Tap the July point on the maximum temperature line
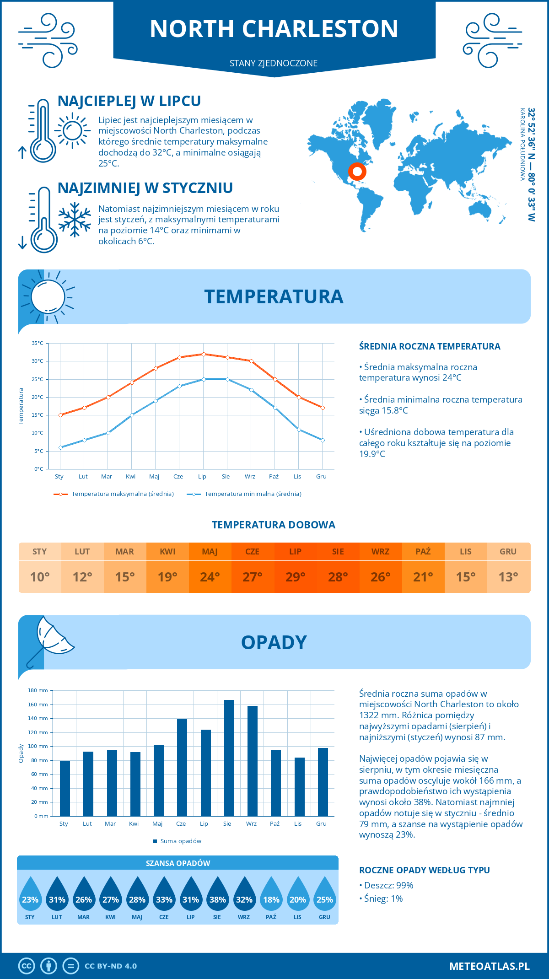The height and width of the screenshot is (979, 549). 204,354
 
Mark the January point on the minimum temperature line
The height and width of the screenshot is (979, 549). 60,447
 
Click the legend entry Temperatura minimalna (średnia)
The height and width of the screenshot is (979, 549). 253,494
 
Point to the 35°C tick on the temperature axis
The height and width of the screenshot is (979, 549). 38,343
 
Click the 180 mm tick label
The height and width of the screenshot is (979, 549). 38,690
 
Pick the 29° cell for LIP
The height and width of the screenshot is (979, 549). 295,577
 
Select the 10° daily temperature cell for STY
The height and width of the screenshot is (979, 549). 40,577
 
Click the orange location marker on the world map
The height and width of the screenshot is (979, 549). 357,172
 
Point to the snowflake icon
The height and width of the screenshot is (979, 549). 75,219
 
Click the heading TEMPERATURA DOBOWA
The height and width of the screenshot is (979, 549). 274,525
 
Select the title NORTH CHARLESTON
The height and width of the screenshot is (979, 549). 274,29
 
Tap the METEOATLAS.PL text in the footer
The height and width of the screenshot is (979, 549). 490,966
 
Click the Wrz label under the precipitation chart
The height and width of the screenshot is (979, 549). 251,823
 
